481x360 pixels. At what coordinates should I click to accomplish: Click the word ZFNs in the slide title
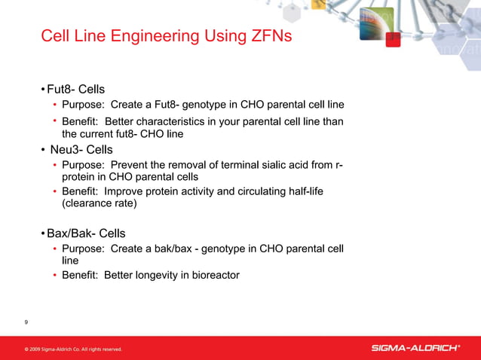[265, 36]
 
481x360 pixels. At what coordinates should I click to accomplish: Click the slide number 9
[26, 322]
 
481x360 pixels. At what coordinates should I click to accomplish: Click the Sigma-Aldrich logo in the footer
[415, 348]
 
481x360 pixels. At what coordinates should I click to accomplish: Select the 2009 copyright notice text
[73, 349]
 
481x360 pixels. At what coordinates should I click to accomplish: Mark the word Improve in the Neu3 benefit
[127, 191]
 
